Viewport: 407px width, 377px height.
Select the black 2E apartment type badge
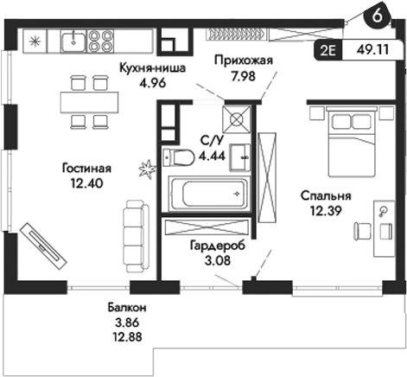tap(331, 50)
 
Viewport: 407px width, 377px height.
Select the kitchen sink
tap(75, 37)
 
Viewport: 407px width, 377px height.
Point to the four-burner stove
tap(101, 38)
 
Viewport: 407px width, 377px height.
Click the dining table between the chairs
tap(89, 101)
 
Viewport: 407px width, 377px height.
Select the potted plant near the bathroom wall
tap(147, 167)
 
